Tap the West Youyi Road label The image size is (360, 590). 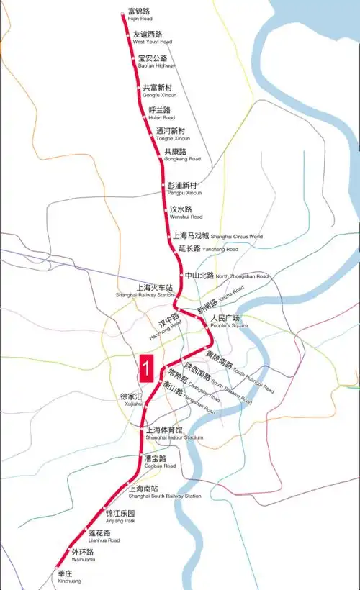(151, 37)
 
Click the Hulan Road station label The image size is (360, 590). (161, 114)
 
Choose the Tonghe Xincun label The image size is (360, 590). (173, 135)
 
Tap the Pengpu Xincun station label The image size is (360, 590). (184, 189)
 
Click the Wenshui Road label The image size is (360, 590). (186, 212)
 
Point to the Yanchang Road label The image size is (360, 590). (207, 249)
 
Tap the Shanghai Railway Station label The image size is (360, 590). (145, 291)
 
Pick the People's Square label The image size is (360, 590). (228, 322)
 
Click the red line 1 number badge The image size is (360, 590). (147, 368)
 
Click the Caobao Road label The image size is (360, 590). (160, 462)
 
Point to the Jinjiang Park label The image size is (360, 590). (120, 517)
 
